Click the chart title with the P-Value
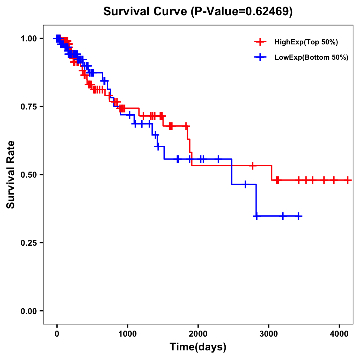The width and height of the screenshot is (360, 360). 198,11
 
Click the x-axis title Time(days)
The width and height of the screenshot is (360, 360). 198,347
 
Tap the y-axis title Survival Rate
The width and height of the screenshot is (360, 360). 11,174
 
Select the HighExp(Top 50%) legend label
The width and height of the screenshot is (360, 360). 306,42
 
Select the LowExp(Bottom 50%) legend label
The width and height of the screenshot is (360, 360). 311,58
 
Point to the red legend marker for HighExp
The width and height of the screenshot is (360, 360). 260,42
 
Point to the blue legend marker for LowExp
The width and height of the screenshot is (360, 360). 260,57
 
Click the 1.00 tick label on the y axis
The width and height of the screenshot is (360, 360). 28,38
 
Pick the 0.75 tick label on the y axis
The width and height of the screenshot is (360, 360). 28,106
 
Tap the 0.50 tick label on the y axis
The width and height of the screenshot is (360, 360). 28,175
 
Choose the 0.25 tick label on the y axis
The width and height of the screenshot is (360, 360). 28,243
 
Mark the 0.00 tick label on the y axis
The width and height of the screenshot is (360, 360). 28,311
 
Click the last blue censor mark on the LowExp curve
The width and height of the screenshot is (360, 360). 298,216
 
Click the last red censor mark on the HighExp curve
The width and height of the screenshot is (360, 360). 348,180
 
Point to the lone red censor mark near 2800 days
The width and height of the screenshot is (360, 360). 253,165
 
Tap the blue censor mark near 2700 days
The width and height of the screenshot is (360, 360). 245,184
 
